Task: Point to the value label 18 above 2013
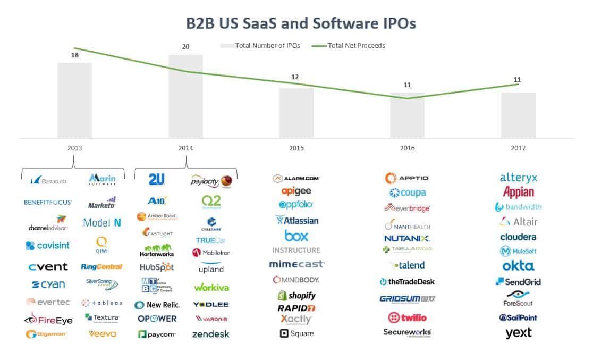[x=75, y=55]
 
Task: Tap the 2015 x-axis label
[x=296, y=148]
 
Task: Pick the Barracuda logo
[x=49, y=181]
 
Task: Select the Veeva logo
[x=103, y=334]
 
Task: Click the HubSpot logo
[x=157, y=267]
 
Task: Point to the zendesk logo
[x=211, y=334]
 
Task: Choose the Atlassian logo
[x=297, y=220]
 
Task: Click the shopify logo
[x=296, y=295]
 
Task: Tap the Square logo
[x=296, y=333]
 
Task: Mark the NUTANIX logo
[x=407, y=238]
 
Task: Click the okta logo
[x=519, y=266]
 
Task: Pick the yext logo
[x=519, y=333]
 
